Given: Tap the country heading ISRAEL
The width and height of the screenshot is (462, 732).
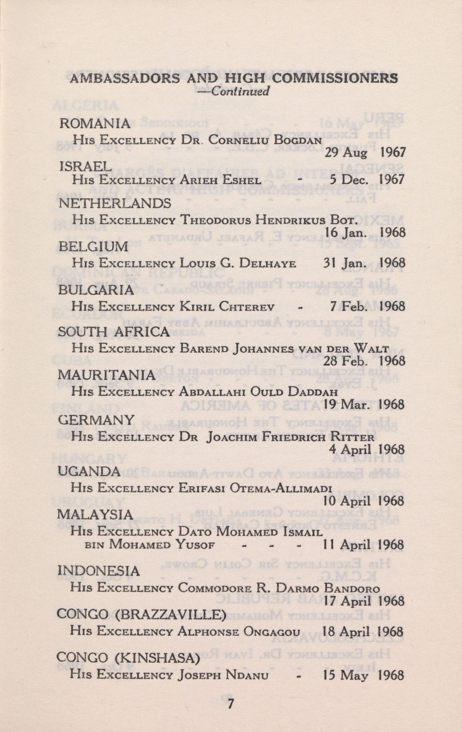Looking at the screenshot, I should [x=85, y=165].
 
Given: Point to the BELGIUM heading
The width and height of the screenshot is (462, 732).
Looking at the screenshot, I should [x=93, y=247].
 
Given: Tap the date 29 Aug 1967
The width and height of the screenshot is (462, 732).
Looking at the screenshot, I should [x=365, y=153].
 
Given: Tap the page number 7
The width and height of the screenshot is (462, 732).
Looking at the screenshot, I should [x=230, y=704].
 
